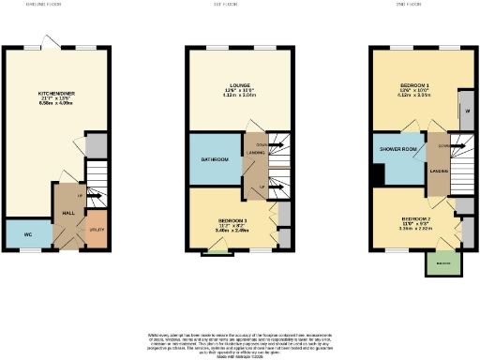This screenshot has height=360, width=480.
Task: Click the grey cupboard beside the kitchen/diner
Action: point(96,145)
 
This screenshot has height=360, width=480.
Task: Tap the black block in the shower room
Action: point(377,175)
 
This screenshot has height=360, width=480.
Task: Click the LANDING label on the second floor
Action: point(436,170)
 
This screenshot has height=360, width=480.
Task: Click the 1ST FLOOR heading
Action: point(239,3)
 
